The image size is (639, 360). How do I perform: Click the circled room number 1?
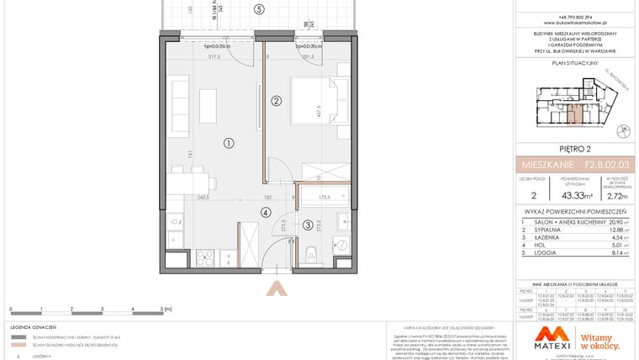pos(228,143)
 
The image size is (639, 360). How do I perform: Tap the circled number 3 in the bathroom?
pos(308,225)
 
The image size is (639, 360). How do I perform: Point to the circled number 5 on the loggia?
pos(260,9)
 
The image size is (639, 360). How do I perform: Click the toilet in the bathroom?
pos(311,252)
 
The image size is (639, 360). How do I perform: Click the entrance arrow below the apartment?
pos(275,288)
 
